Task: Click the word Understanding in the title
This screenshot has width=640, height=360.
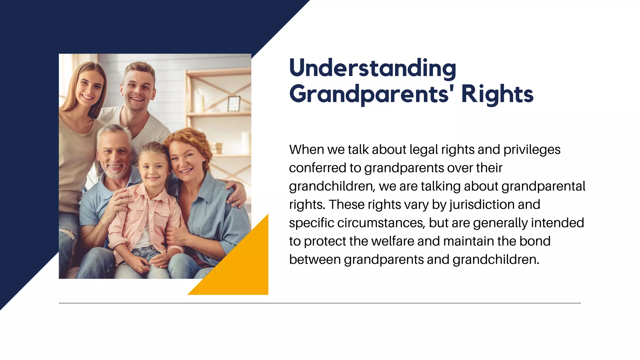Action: pyautogui.click(x=372, y=68)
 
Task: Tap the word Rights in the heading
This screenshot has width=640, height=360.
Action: pyautogui.click(x=497, y=94)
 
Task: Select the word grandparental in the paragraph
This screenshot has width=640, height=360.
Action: pyautogui.click(x=543, y=186)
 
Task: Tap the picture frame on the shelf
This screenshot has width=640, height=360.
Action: pyautogui.click(x=234, y=103)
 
